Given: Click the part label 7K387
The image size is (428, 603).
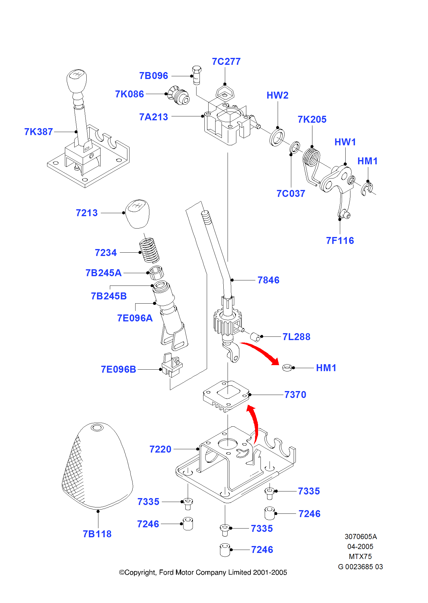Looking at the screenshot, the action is click(39, 132).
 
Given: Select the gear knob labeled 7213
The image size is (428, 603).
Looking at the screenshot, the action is click(137, 213).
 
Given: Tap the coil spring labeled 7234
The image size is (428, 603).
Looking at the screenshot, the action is click(149, 250).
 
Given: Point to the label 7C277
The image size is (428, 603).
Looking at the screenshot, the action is click(226, 62).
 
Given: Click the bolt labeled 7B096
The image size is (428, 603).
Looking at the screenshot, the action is click(196, 75).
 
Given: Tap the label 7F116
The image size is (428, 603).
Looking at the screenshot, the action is click(340, 241).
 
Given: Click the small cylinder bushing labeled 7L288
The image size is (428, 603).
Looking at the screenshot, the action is click(255, 337).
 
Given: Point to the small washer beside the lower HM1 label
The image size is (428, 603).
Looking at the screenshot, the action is click(287, 368).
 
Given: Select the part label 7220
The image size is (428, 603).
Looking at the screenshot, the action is click(160, 449).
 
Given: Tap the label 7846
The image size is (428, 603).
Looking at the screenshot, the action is click(268, 280).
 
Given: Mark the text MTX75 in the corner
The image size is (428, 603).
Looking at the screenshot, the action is click(360, 557).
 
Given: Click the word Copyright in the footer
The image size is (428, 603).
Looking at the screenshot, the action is click(139, 573).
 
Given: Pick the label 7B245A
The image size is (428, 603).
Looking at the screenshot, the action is click(104, 273).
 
